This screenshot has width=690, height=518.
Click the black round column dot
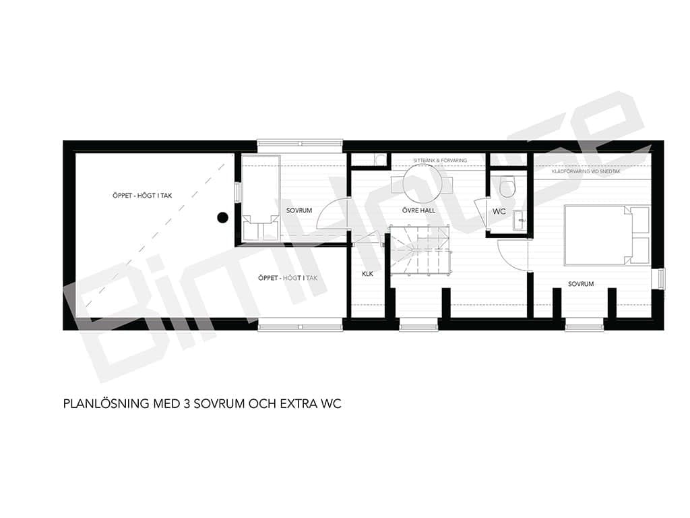[222, 217]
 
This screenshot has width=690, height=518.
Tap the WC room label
[499, 211]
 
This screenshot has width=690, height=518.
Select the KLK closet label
[367, 274]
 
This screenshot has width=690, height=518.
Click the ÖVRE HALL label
[418, 210]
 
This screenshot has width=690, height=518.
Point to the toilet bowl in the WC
[507, 186]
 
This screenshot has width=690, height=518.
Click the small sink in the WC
[520, 221]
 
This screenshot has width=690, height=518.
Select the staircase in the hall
[420, 250]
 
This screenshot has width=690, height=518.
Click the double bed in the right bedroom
[607, 235]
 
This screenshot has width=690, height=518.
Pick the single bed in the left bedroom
[261, 198]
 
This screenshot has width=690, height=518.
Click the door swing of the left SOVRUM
[333, 214]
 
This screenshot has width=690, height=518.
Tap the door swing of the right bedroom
[513, 255]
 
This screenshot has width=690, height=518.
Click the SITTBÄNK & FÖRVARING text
[440, 161]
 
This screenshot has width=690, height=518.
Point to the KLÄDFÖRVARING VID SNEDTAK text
[586, 171]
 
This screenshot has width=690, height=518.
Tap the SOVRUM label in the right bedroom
[581, 284]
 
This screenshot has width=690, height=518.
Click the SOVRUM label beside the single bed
[299, 210]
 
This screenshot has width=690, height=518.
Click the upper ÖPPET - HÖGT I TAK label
[142, 196]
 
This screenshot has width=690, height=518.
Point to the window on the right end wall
[661, 279]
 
